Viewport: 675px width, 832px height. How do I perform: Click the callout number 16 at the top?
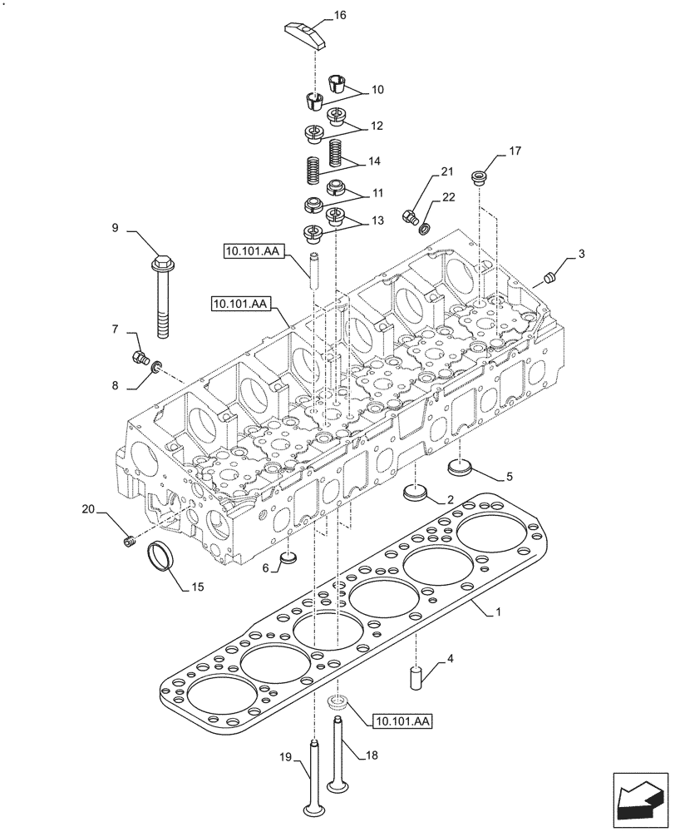(340, 15)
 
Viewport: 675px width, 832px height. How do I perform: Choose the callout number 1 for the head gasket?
(499, 612)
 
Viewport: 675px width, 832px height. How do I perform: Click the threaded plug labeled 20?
(129, 543)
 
